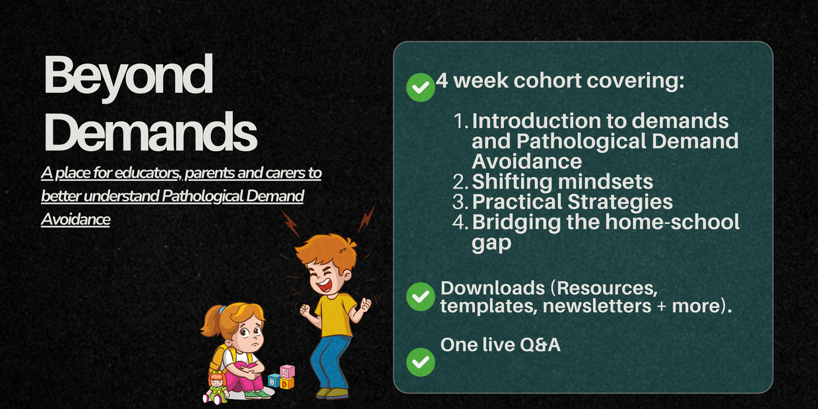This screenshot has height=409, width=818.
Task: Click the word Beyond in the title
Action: (x=129, y=76)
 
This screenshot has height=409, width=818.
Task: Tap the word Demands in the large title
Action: (x=150, y=131)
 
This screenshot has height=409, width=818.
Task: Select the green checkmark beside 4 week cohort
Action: (x=420, y=87)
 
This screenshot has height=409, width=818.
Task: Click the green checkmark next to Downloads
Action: (x=420, y=297)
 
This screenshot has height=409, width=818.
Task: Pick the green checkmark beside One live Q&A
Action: (x=420, y=362)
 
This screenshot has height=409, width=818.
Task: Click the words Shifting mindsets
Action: (x=562, y=182)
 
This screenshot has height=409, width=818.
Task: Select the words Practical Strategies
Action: (x=572, y=202)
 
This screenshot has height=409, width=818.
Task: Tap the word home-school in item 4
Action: (x=672, y=222)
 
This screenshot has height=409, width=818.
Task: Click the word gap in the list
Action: (x=491, y=243)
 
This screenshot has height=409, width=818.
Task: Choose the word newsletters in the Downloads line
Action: (x=597, y=305)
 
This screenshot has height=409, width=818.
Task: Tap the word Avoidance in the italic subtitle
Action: (x=76, y=219)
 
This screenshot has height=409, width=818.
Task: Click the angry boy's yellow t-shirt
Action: (x=335, y=315)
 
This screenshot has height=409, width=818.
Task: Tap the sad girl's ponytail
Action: (x=210, y=322)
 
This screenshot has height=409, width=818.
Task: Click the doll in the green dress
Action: (x=217, y=387)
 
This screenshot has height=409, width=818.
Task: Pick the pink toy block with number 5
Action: (x=288, y=372)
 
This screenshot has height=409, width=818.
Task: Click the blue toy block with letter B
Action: (x=274, y=381)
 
